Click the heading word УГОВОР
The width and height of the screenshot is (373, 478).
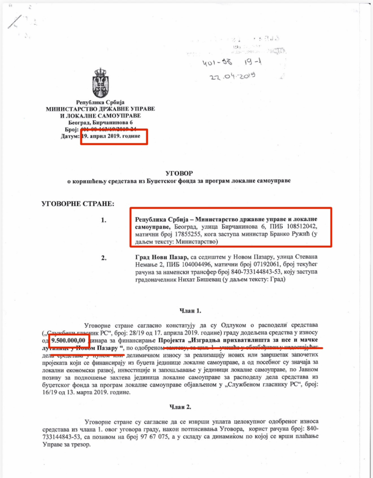pos(179,172)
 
